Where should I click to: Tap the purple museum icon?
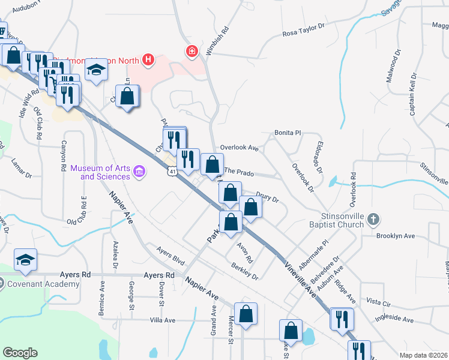click(140, 173)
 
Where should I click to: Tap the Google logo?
click(20, 353)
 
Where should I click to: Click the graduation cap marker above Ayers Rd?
click(26, 260)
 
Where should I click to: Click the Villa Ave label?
click(162, 320)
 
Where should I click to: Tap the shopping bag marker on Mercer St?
click(246, 314)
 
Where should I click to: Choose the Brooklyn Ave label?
click(396, 236)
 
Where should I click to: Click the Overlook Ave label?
click(239, 148)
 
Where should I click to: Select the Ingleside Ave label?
click(394, 319)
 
